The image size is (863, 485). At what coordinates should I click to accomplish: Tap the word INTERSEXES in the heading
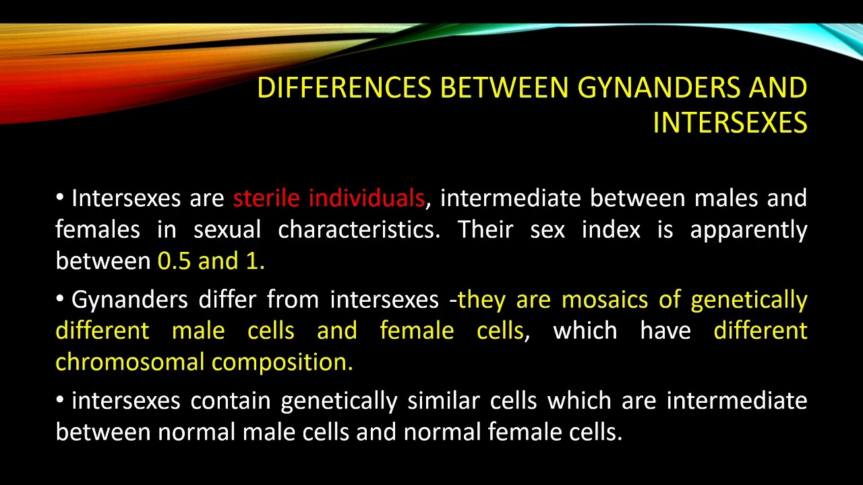[730, 123]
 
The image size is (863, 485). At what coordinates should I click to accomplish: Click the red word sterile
[267, 198]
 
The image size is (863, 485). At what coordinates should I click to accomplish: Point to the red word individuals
[366, 198]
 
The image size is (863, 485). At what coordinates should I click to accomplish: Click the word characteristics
[359, 230]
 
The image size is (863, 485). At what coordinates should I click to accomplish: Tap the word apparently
[748, 230]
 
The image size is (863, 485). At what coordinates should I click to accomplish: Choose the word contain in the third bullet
[231, 401]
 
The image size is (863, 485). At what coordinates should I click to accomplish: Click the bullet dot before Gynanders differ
[61, 298]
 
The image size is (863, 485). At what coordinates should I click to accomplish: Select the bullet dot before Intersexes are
[61, 197]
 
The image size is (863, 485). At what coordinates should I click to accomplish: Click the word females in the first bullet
[97, 230]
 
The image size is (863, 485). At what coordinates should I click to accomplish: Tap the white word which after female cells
[585, 331]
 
